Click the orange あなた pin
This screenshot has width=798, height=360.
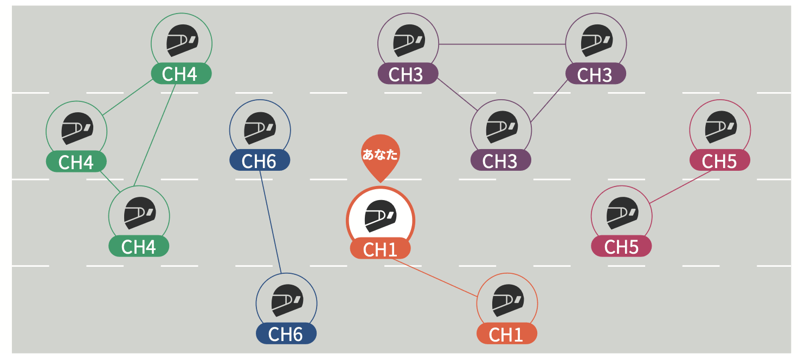pyautogui.click(x=380, y=156)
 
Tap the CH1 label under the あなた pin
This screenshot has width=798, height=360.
pyautogui.click(x=380, y=249)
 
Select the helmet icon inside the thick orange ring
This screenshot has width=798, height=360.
pyautogui.click(x=380, y=215)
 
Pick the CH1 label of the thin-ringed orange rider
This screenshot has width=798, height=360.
pyautogui.click(x=506, y=334)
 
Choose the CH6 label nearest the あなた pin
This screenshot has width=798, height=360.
pyautogui.click(x=260, y=161)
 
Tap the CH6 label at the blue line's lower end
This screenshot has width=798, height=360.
pyautogui.click(x=286, y=334)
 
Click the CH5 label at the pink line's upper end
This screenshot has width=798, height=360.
pyautogui.click(x=719, y=161)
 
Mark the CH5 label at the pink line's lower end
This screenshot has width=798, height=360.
pyautogui.click(x=621, y=247)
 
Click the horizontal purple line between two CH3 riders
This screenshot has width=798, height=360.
pyautogui.click(x=502, y=44)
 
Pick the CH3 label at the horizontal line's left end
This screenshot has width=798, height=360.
pyautogui.click(x=407, y=74)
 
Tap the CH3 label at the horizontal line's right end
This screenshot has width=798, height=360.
pyautogui.click(x=595, y=74)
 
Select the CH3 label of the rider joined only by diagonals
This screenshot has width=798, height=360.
pyautogui.click(x=500, y=161)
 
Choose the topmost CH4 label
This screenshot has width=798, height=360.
pyautogui.click(x=181, y=74)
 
